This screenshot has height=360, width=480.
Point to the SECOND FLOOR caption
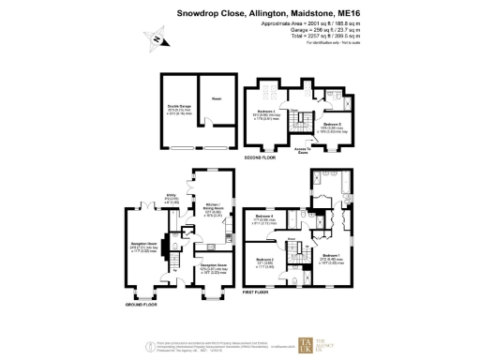pyautogui.click(x=259, y=158)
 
